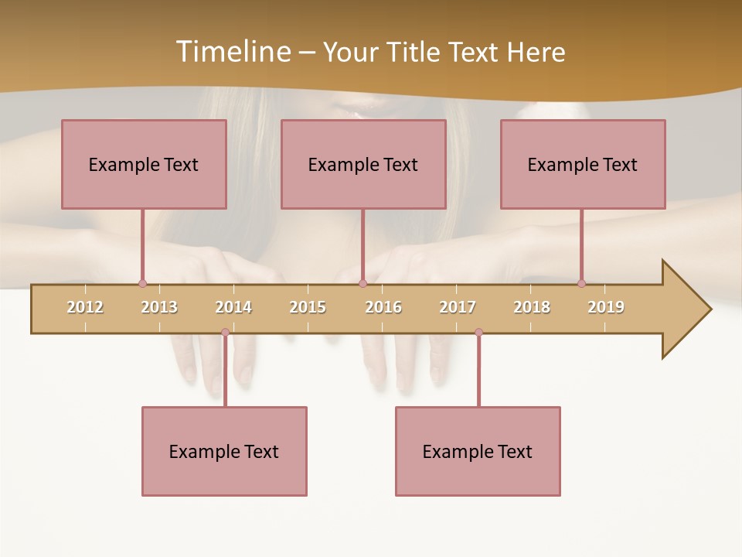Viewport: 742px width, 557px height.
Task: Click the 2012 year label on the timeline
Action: pyautogui.click(x=85, y=307)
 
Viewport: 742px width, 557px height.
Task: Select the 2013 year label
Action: pyautogui.click(x=159, y=307)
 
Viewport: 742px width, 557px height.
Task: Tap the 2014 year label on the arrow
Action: pyautogui.click(x=233, y=307)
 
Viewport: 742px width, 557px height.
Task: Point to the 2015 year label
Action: pyautogui.click(x=308, y=307)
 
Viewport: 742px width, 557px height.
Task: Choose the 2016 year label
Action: pyautogui.click(x=383, y=307)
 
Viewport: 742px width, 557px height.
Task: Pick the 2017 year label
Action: pyautogui.click(x=458, y=307)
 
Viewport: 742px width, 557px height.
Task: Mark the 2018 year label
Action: pyautogui.click(x=532, y=307)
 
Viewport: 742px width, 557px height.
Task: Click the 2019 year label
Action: pyautogui.click(x=606, y=307)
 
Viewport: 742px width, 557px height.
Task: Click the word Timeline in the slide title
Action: pyautogui.click(x=231, y=52)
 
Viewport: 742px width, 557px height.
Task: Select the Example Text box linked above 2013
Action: pyautogui.click(x=144, y=164)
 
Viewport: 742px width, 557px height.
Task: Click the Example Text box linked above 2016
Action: pyautogui.click(x=363, y=164)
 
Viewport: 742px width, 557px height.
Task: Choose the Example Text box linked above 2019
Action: pyautogui.click(x=583, y=164)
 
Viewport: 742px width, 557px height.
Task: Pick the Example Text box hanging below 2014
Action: pyautogui.click(x=224, y=451)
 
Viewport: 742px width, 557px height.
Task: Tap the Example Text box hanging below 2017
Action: pyautogui.click(x=478, y=451)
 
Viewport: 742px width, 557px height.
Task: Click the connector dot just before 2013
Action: pyautogui.click(x=142, y=284)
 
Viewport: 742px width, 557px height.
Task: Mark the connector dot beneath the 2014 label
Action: pyautogui.click(x=225, y=333)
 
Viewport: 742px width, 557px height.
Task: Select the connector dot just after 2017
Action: pyautogui.click(x=478, y=333)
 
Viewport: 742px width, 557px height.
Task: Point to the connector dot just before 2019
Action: pyautogui.click(x=581, y=284)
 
